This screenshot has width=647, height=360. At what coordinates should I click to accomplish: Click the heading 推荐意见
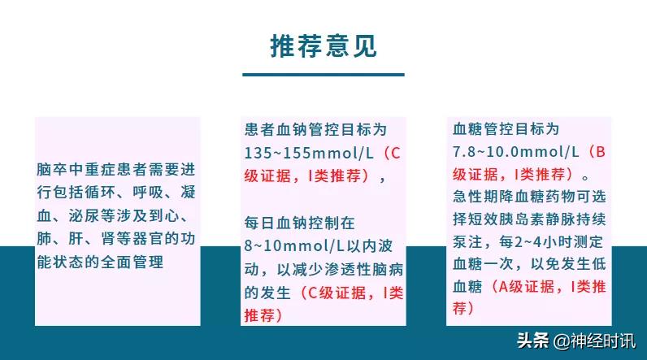[x=323, y=46]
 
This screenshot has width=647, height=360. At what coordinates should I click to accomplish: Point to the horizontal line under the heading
[x=323, y=75]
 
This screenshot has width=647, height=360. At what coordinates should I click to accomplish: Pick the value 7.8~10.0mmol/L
[x=515, y=151]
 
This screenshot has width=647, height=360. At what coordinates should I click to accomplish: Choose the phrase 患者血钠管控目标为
[x=315, y=129]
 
